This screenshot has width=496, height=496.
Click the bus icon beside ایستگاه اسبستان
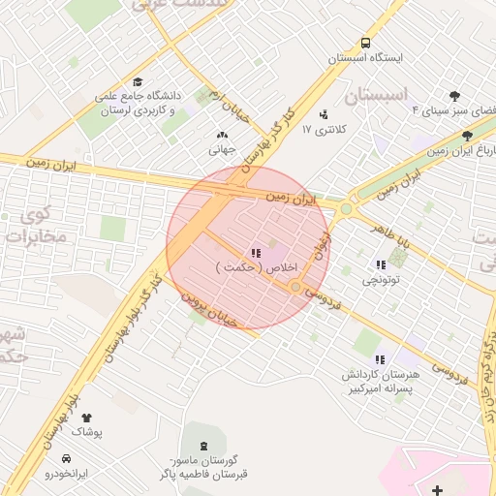point(365,43)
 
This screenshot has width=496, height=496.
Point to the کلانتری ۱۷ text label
point(324,129)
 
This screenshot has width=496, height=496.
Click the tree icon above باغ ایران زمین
point(467,137)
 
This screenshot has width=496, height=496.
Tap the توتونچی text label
point(381,279)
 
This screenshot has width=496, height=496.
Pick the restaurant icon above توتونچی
point(380,263)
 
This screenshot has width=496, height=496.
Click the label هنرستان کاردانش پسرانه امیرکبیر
point(379,381)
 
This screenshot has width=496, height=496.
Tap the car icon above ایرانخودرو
point(66,458)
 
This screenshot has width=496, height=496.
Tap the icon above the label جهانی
point(222,135)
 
